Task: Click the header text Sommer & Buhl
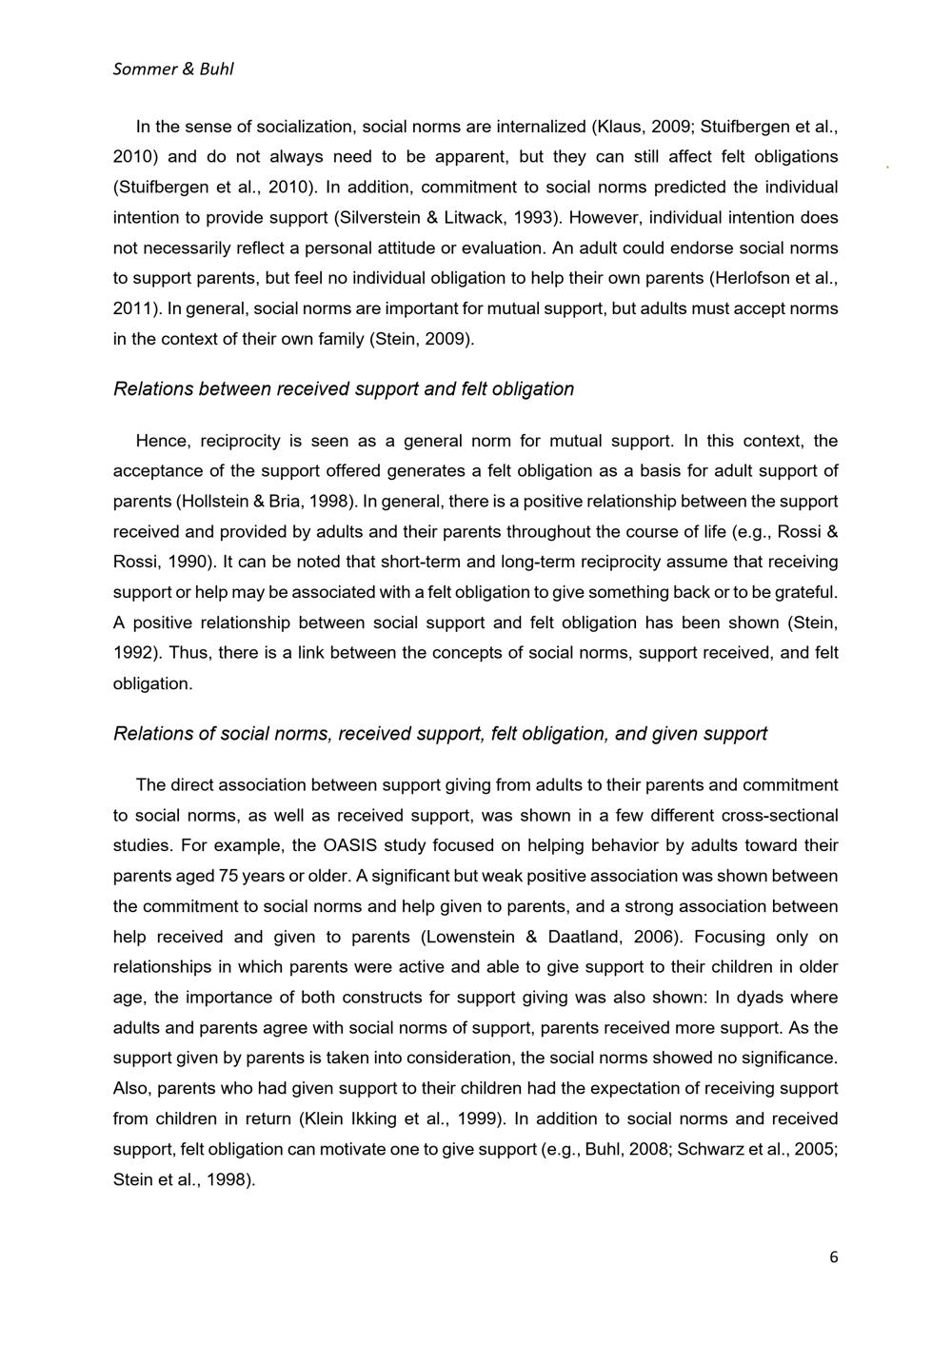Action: pyautogui.click(x=173, y=69)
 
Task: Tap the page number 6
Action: pyautogui.click(x=834, y=1257)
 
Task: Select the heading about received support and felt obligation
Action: pyautogui.click(x=344, y=389)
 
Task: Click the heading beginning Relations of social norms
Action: pyautogui.click(x=440, y=734)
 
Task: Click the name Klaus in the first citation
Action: pyautogui.click(x=620, y=126)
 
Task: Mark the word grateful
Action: pyautogui.click(x=807, y=592)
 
